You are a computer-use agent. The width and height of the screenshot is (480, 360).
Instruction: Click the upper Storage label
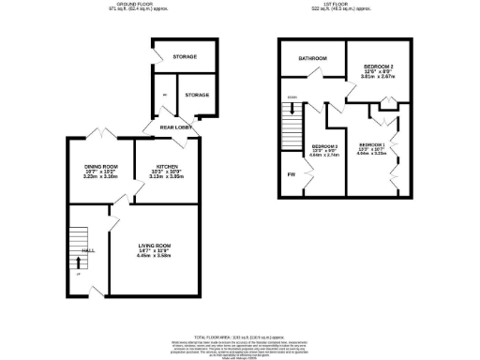point(184,58)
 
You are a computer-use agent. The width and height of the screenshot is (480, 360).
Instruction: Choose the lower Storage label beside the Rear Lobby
point(196,95)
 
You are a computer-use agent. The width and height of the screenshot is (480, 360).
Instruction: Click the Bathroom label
point(312,59)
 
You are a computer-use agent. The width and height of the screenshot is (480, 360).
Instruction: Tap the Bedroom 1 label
point(372,144)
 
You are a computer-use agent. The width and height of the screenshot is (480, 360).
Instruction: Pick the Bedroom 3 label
point(324,146)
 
